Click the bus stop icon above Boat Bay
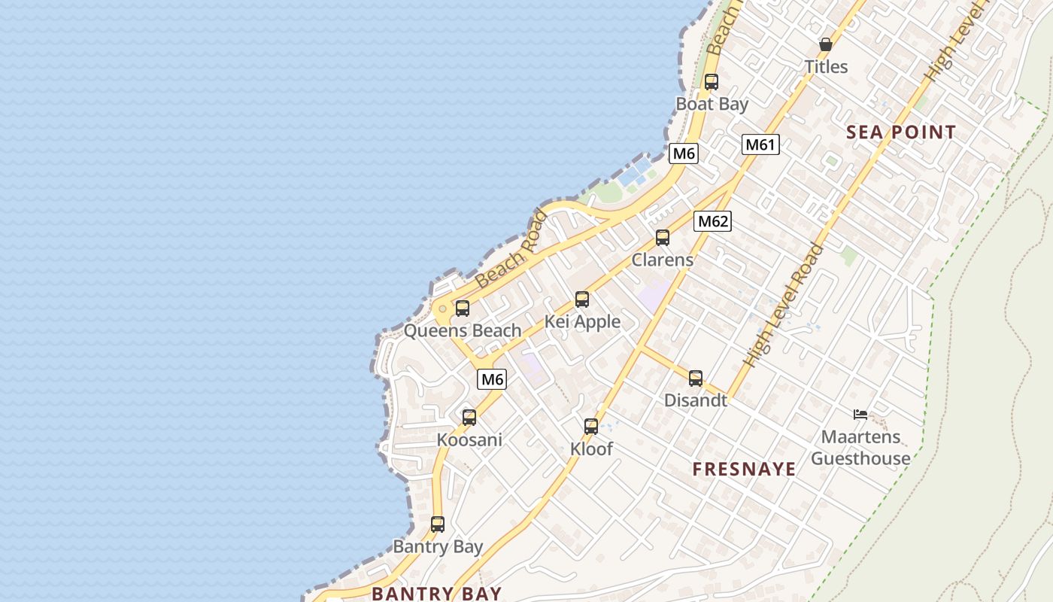pos(711,82)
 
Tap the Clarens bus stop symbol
pos(662,238)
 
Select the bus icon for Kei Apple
pos(581,299)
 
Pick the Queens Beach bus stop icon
pos(462,309)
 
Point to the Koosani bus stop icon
pos(469,417)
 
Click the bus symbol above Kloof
pos(591,427)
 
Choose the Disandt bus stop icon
pos(696,379)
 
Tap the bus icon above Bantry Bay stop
pos(437,524)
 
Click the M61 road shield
pos(760,144)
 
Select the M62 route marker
pos(712,221)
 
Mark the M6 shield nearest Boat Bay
pos(684,154)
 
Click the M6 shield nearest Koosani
pos(492,379)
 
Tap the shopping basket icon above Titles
pos(825,44)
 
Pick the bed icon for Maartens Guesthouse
pos(860,415)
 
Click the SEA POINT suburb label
pos(901,132)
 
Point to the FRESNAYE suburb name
pos(744,470)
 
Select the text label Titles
pos(826,67)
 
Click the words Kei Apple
pos(582,322)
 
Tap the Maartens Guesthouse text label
pos(860,448)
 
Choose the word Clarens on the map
pos(662,260)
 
